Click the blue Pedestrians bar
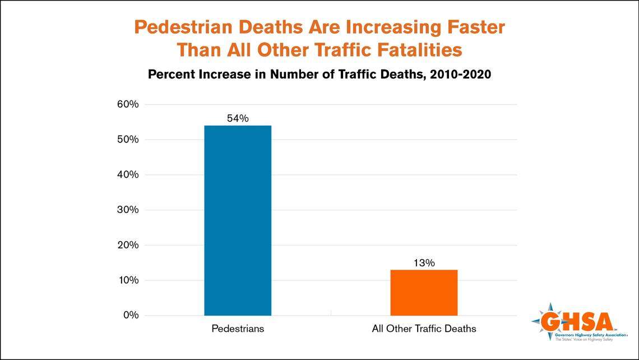238,220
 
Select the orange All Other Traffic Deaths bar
424,292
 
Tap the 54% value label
238,118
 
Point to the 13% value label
424,262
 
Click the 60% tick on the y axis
127,104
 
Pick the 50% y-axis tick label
127,140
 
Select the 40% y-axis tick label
127,175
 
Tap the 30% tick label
127,210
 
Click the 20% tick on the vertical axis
127,245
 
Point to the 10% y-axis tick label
127,280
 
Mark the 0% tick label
129,315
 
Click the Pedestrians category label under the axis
238,329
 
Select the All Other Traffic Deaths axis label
424,329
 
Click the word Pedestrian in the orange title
182,27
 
